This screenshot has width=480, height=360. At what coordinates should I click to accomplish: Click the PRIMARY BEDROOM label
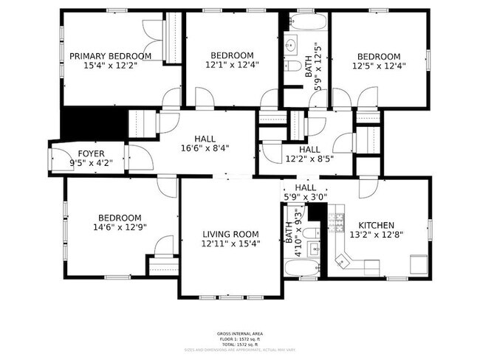(110, 55)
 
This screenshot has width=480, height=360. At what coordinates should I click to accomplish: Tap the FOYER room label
(87, 153)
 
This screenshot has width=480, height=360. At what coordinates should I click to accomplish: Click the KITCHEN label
(376, 225)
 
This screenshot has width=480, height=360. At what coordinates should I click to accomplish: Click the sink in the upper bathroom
(289, 41)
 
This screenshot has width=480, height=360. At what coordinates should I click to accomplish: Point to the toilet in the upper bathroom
(290, 66)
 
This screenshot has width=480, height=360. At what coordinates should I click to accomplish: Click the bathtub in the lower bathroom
(303, 266)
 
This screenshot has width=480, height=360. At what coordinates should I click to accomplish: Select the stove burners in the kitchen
(338, 219)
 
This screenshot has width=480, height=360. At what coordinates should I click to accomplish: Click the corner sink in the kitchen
(341, 259)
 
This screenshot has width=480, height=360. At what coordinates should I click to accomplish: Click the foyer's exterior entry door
(55, 159)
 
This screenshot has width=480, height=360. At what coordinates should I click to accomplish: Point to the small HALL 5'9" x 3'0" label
(305, 193)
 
